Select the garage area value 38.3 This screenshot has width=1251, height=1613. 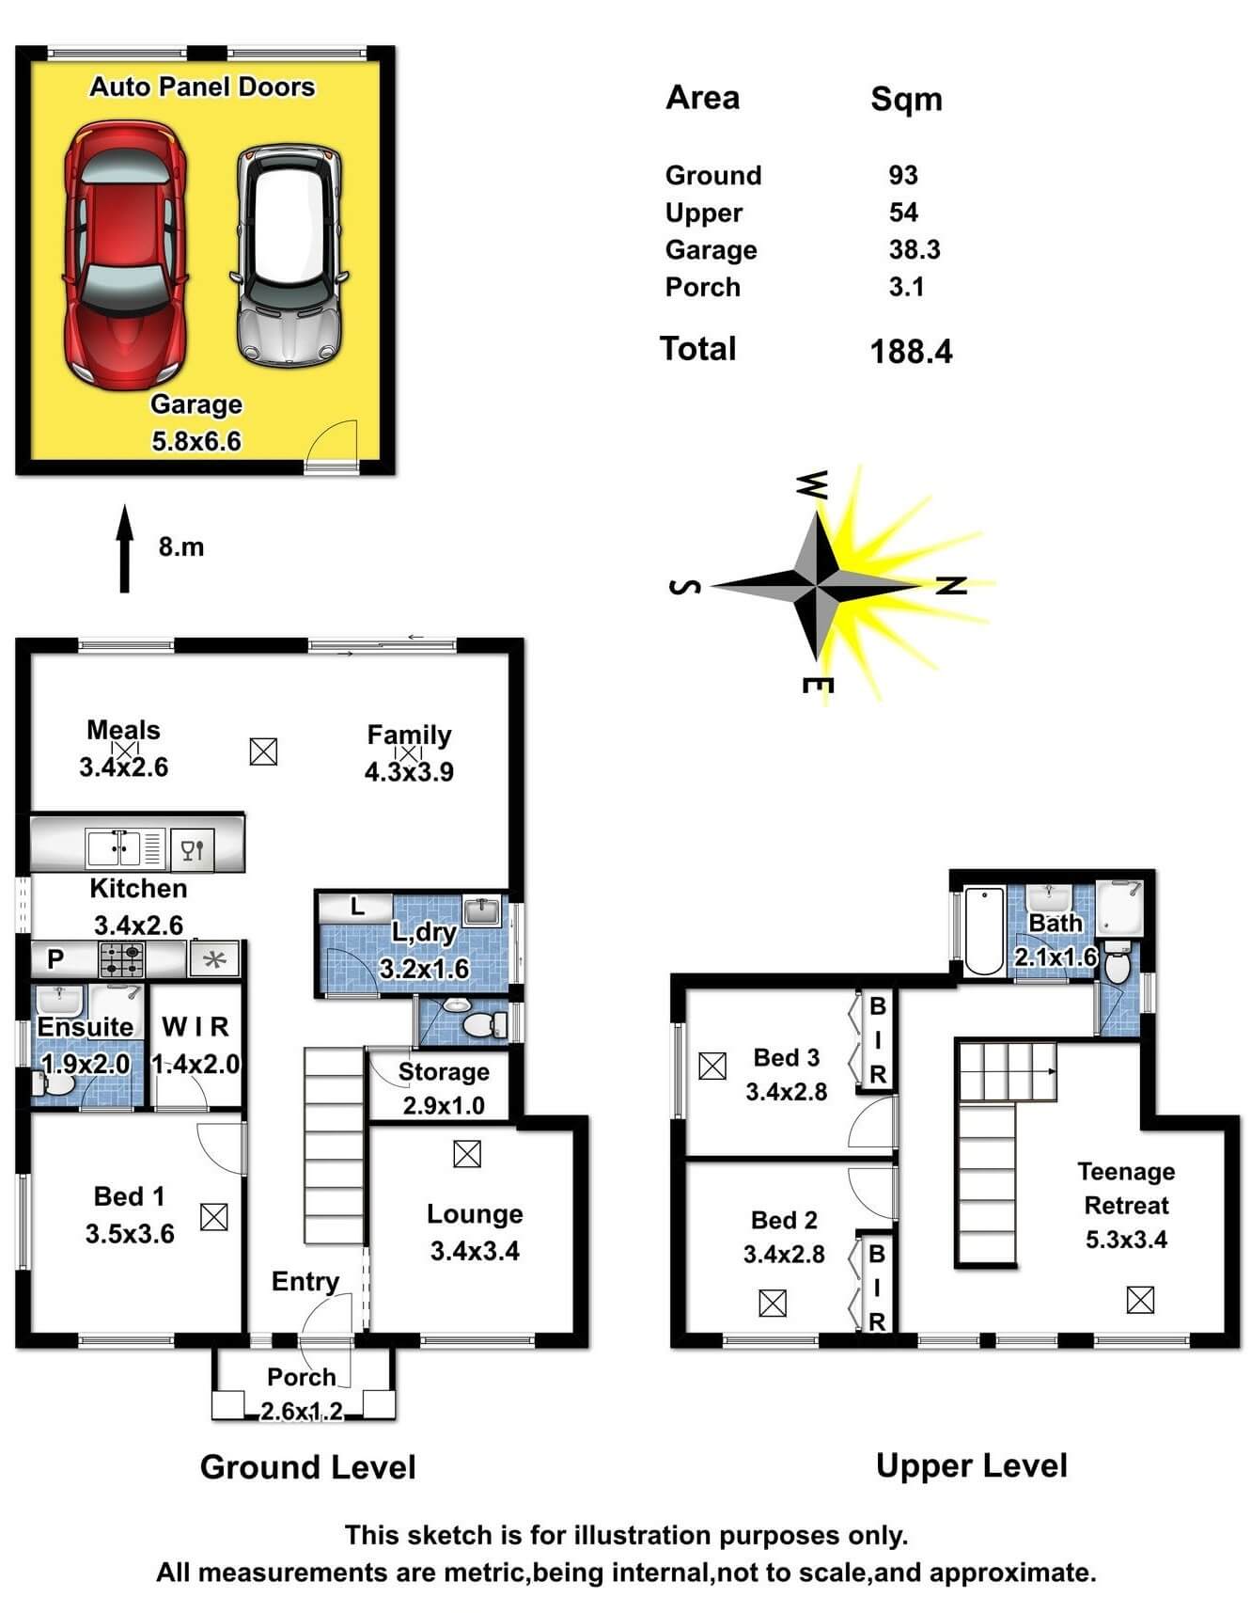pos(914,250)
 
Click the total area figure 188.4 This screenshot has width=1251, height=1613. pos(910,352)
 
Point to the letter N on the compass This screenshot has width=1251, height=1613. pos(951,586)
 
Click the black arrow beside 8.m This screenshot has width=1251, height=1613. pos(124,549)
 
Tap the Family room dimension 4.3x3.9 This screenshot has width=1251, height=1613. pos(409,772)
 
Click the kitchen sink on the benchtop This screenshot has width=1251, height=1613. pos(113,847)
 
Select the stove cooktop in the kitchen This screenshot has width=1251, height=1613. pos(122,959)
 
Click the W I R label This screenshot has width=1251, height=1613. pos(195,1027)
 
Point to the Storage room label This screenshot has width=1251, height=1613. pos(444,1072)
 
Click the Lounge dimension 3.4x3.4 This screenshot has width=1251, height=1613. pos(475,1251)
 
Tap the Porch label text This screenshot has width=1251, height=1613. pos(301,1377)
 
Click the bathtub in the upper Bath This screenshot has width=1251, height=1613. pos(984,930)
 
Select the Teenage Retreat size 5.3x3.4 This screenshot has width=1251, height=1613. pos(1126,1240)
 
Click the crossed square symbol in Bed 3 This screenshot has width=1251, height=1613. pos(712,1066)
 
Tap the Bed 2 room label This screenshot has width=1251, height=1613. pos(784,1221)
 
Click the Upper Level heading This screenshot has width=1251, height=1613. pos(971,1466)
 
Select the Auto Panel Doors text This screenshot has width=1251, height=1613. pos(202,87)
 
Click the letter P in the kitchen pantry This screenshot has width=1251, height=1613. pos(55,959)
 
